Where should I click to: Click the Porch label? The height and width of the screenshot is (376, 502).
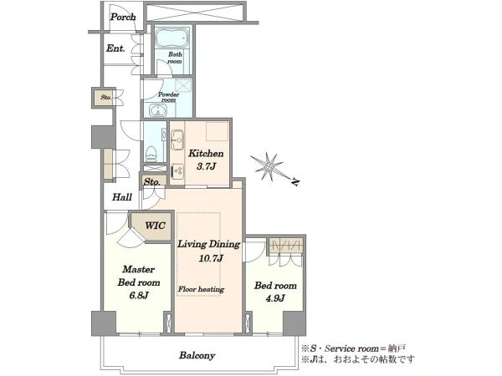click(x=123, y=17)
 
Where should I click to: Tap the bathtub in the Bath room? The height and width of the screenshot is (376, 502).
click(x=172, y=38)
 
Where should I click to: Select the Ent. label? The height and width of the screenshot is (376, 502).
click(x=115, y=48)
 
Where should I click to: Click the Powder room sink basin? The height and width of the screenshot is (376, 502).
click(x=158, y=110)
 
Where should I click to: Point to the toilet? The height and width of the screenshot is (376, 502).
click(x=150, y=154)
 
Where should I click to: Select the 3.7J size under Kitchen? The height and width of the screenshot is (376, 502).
click(x=207, y=166)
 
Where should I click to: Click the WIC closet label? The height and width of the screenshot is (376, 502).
click(x=156, y=226)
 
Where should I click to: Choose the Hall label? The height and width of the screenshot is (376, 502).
click(x=122, y=197)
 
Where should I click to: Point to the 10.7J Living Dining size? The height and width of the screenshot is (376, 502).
click(x=211, y=258)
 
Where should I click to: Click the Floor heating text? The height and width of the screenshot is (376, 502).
click(x=201, y=289)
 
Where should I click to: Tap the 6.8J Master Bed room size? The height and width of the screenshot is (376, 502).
click(x=139, y=296)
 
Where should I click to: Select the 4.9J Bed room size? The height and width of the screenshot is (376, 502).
click(x=275, y=298)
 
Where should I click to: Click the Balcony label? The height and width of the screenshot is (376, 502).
click(x=197, y=355)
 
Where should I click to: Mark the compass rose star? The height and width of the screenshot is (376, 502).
click(x=268, y=166)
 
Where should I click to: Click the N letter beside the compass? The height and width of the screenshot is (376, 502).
click(x=296, y=182)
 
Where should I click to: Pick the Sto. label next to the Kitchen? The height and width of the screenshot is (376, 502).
click(x=151, y=182)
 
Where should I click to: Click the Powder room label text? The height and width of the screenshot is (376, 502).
click(x=168, y=97)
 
